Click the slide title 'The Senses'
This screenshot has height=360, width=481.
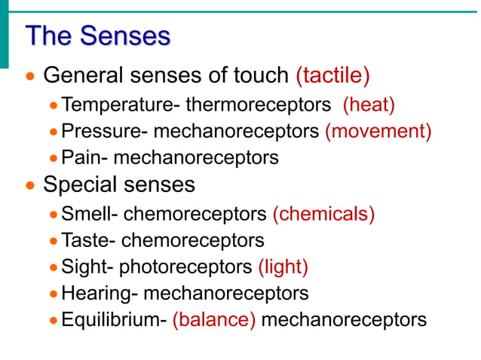98,36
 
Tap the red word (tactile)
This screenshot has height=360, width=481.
332,75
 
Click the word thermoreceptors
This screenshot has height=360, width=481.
258,105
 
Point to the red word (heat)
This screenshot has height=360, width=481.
369,105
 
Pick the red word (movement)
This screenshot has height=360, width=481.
378,131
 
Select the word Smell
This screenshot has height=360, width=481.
86,214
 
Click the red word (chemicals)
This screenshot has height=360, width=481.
323,214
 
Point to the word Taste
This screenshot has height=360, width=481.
85,240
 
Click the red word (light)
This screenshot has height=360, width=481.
283,267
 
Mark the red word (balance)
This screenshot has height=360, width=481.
214,319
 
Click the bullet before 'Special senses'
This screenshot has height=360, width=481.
30,185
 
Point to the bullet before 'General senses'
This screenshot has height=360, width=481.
30,77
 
